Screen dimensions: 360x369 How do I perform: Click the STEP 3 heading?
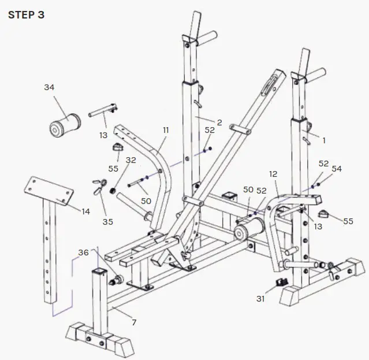coord(27,14)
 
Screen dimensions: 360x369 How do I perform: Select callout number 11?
coord(165,131)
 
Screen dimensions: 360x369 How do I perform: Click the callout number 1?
coord(324,140)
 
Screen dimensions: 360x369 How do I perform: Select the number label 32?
coord(131,160)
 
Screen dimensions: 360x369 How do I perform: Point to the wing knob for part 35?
coord(99,185)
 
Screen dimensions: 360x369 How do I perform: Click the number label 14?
coord(85,211)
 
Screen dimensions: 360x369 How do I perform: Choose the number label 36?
coord(84,252)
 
